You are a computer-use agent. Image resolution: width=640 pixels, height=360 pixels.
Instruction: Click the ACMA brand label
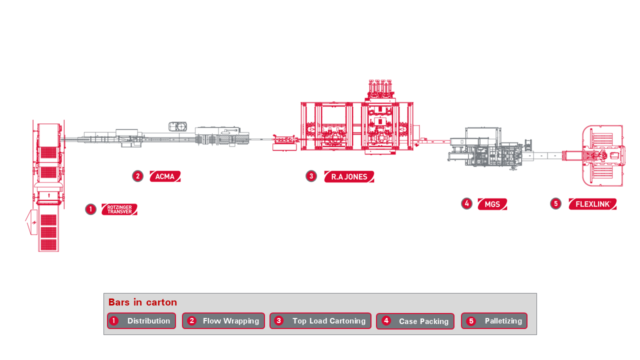165,176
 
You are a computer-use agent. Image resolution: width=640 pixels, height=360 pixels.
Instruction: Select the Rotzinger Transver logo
119,209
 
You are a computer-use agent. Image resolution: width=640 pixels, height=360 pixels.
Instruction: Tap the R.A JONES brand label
349,176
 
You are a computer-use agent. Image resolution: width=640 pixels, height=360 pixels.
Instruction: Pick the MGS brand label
492,204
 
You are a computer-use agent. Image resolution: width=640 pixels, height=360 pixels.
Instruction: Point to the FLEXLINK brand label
592,204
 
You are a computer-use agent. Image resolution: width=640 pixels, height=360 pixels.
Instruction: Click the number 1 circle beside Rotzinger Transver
90,209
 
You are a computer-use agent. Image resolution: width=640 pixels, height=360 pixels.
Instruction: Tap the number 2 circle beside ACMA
138,176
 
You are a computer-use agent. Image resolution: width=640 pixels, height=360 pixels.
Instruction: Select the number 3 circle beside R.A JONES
311,176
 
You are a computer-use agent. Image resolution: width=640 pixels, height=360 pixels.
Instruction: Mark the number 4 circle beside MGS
467,203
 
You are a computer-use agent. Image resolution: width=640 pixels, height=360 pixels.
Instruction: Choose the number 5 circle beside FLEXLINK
555,203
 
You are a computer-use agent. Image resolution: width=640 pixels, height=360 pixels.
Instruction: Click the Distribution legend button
141,321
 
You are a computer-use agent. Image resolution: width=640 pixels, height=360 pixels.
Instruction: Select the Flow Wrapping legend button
223,321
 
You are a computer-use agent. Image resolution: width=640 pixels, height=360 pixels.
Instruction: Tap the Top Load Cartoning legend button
320,321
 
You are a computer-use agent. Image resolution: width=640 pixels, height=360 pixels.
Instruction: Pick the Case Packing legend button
415,321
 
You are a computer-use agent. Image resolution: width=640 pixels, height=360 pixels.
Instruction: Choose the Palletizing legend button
494,321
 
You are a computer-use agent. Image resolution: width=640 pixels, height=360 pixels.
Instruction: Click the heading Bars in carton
142,302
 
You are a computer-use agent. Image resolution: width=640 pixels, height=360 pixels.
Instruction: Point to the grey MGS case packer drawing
485,147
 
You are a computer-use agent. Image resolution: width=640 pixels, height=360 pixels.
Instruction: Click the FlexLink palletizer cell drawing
602,155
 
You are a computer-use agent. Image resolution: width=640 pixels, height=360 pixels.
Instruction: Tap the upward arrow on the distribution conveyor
49,194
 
